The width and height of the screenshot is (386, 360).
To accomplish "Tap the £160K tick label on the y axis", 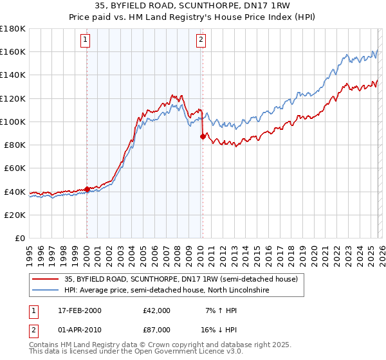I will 13,51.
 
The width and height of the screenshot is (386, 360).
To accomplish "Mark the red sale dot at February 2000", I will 87,189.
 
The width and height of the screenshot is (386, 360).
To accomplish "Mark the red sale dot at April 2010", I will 203,136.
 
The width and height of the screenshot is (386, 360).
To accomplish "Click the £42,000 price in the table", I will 157,310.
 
